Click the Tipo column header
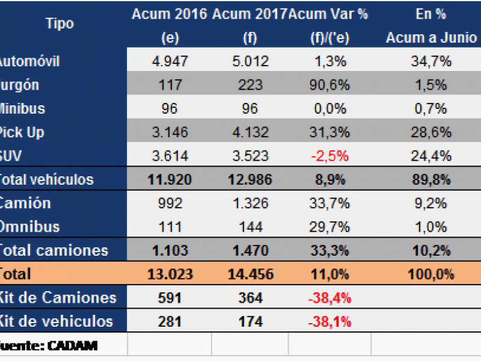[x=60, y=24]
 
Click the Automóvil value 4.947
[x=169, y=61]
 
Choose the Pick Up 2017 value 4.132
[x=250, y=132]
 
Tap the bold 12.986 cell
[x=250, y=179]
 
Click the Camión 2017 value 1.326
[x=250, y=203]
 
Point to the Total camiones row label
[x=54, y=250]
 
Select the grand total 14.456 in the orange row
[x=250, y=274]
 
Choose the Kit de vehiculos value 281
[x=169, y=321]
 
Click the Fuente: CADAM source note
[x=48, y=345]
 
